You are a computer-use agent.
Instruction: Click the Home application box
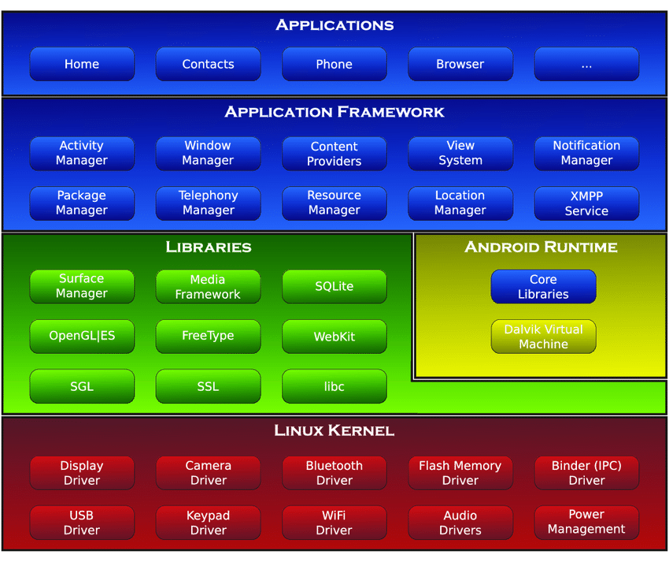[x=82, y=64]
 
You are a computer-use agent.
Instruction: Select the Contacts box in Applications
[x=209, y=64]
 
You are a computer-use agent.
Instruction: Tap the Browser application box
[x=460, y=64]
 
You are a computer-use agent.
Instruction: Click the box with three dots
[x=586, y=64]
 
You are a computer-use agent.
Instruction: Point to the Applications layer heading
[x=334, y=25]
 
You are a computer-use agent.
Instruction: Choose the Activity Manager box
[x=82, y=154]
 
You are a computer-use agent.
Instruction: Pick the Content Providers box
[x=334, y=154]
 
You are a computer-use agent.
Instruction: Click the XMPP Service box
[x=586, y=203]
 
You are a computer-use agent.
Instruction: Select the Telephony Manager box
[x=209, y=203]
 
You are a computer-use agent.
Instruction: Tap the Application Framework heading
[x=334, y=112]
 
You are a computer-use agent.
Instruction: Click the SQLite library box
[x=334, y=286]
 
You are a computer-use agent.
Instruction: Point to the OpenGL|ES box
[x=82, y=337]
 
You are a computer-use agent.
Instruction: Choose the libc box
[x=334, y=386]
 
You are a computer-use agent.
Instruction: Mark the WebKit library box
[x=334, y=337]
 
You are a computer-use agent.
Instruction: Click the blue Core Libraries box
[x=544, y=286]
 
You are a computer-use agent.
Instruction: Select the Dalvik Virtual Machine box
[x=544, y=337]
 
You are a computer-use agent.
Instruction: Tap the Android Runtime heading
[x=541, y=247]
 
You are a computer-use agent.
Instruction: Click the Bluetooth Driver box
[x=334, y=473]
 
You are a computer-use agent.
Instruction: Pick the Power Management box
[x=586, y=523]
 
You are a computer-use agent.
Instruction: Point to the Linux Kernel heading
[x=334, y=430]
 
